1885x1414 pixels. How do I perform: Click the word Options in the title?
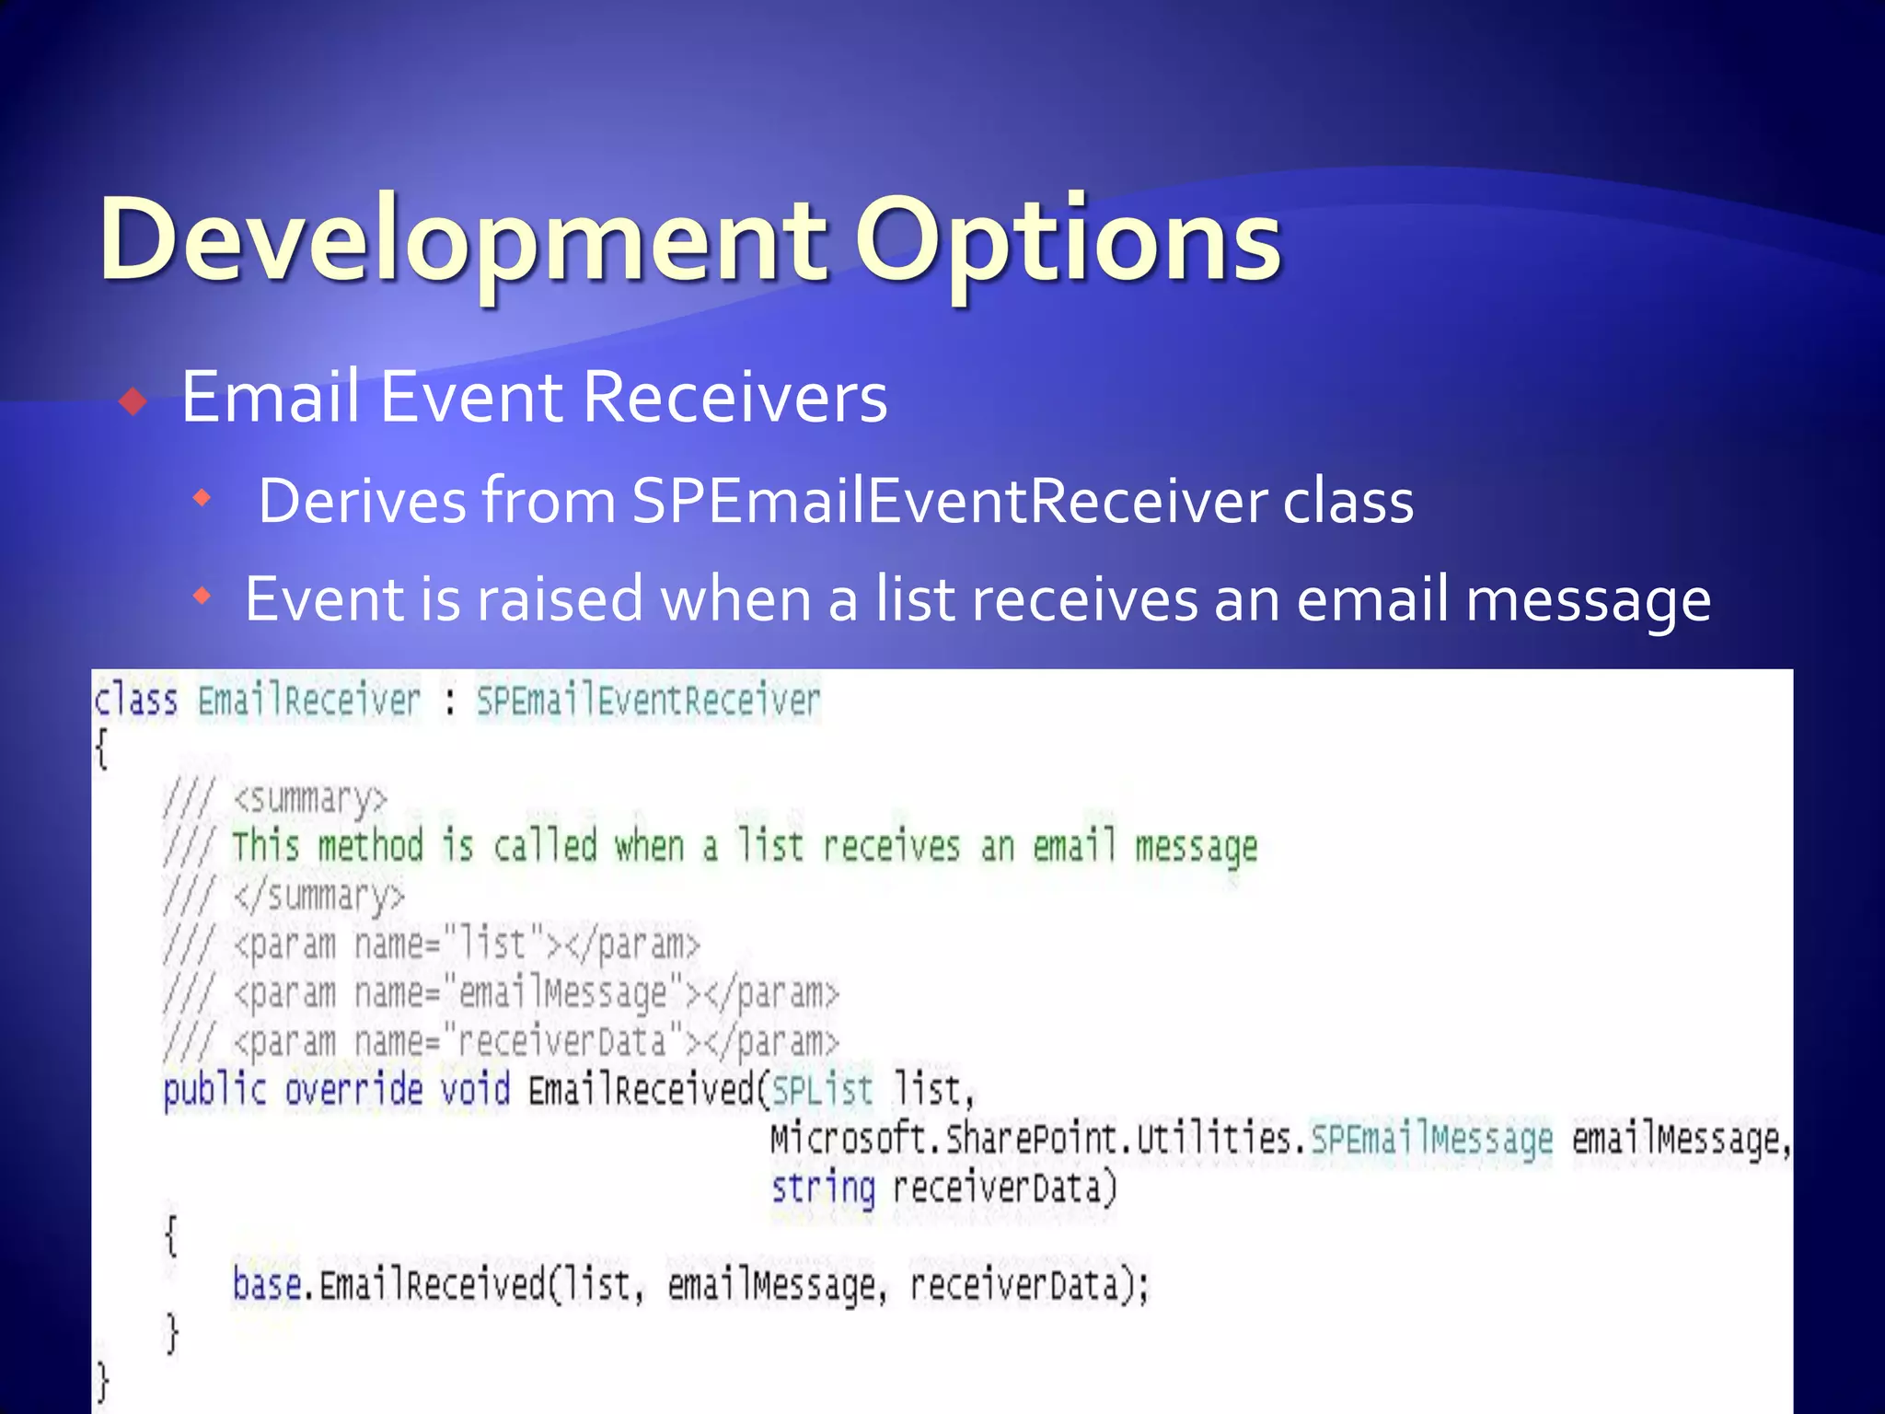(x=1068, y=241)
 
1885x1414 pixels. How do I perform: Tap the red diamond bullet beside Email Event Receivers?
(x=134, y=401)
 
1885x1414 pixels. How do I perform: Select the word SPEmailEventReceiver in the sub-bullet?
(x=948, y=503)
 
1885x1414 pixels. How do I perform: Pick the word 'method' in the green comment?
(x=370, y=846)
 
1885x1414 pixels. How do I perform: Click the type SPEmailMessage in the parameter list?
(x=1431, y=1140)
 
